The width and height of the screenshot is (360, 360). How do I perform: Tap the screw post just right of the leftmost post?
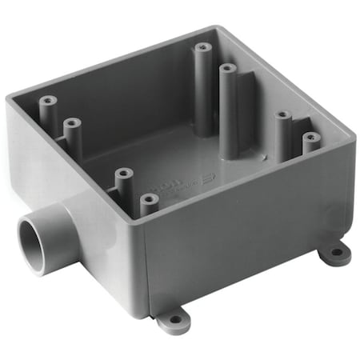(72, 126)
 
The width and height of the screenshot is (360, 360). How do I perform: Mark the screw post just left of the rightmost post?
(282, 118)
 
